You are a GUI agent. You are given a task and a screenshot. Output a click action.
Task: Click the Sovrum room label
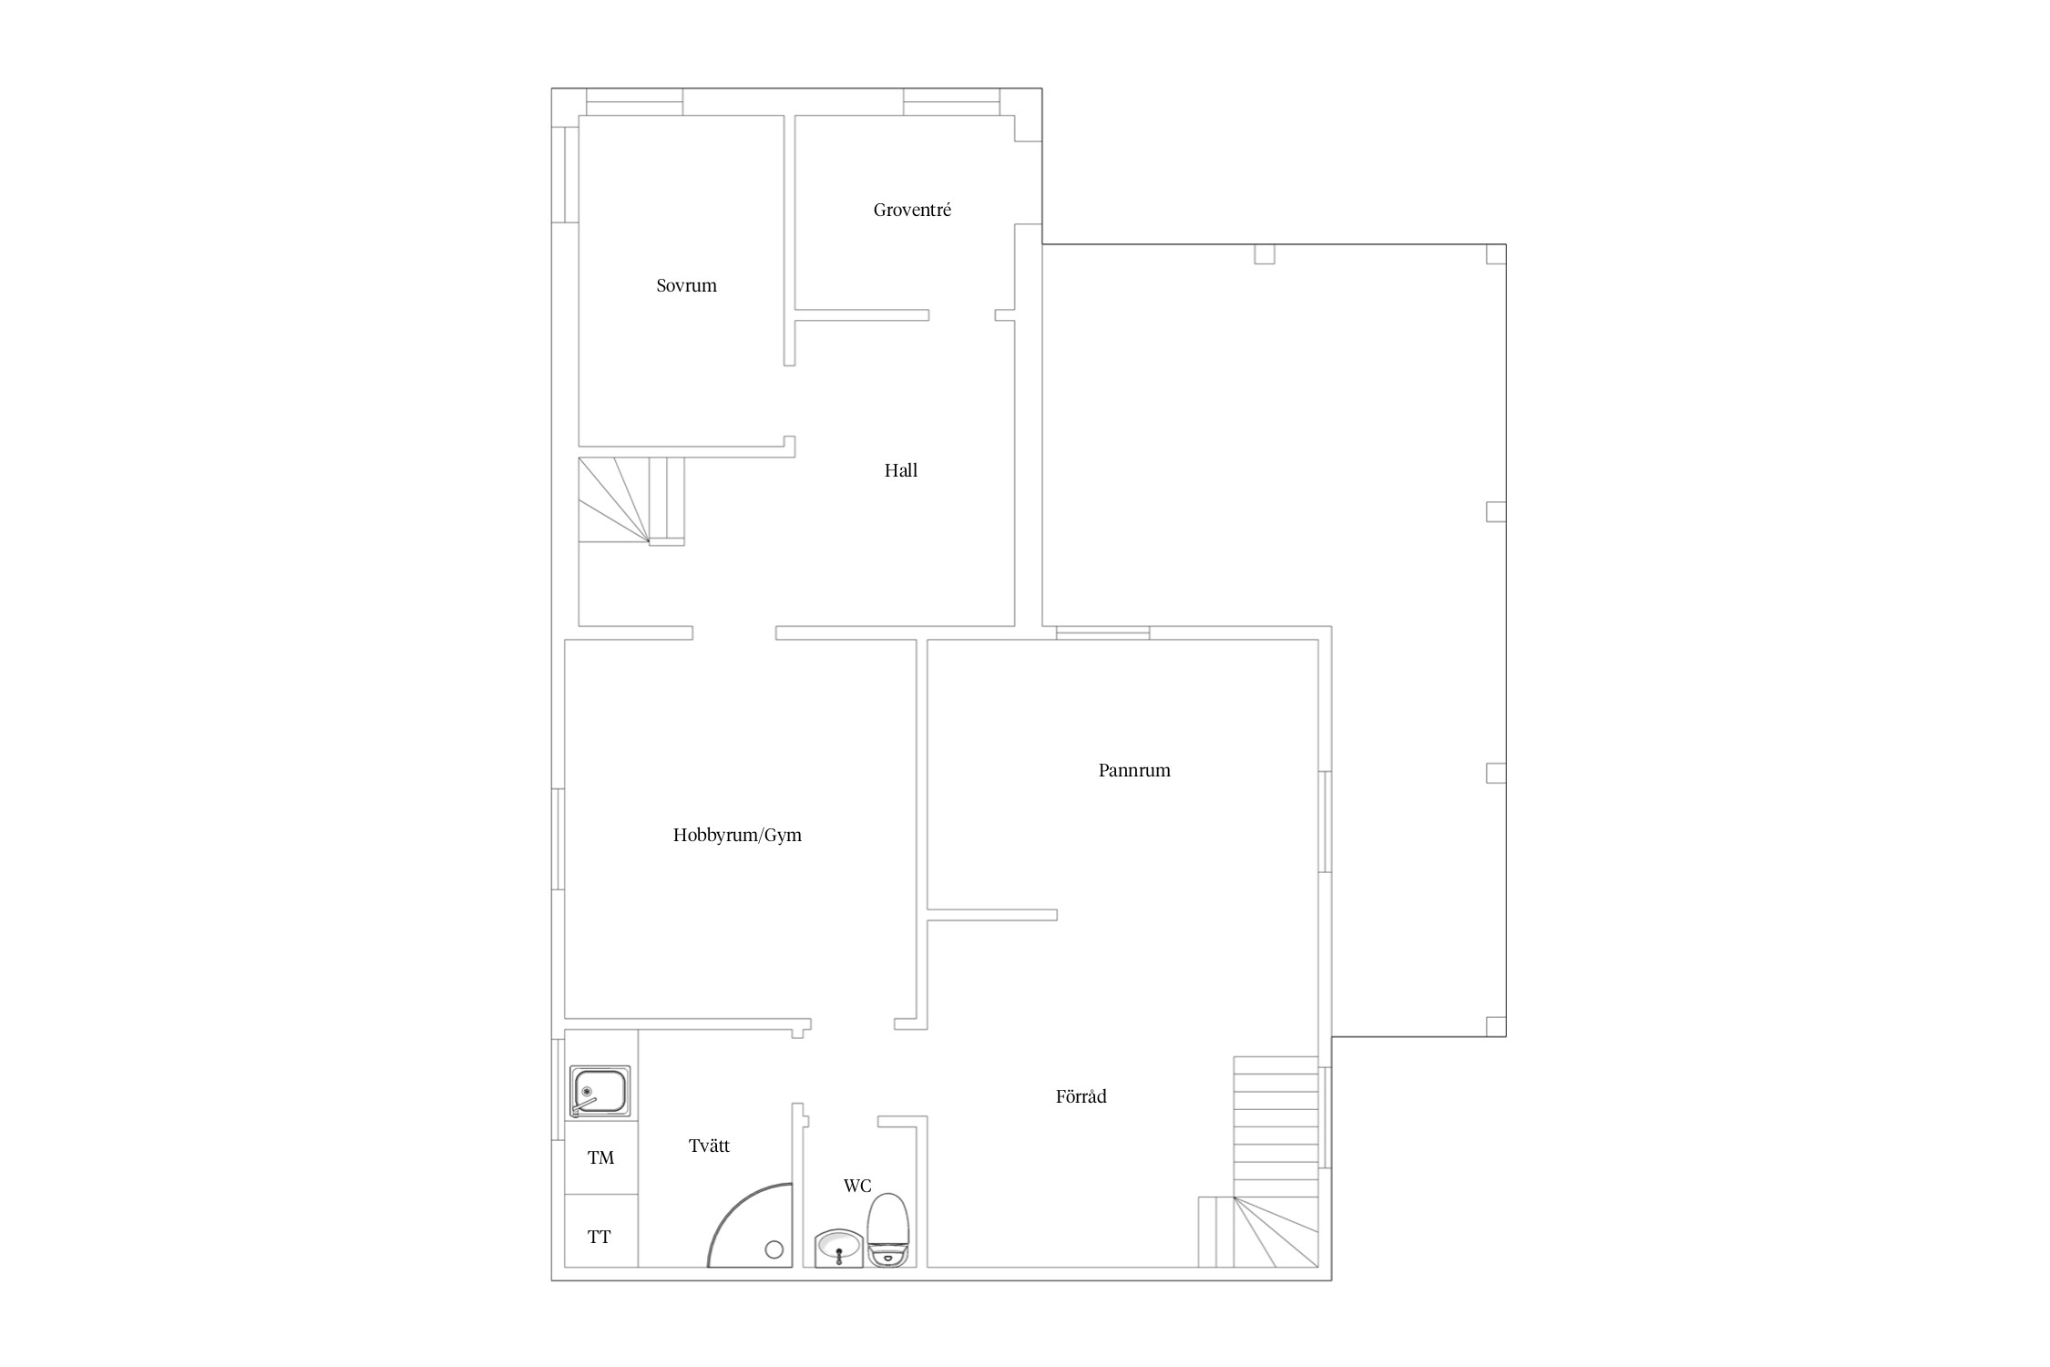tap(686, 285)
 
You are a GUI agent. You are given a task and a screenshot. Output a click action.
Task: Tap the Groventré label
tap(912, 210)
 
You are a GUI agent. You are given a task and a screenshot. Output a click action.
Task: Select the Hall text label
tap(900, 470)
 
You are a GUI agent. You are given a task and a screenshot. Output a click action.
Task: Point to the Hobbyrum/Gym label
tap(737, 835)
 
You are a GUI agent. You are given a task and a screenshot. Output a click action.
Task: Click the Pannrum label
tap(1134, 770)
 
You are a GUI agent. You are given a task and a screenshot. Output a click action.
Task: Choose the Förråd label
tap(1081, 1096)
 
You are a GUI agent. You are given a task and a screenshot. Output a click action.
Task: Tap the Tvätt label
tap(709, 1146)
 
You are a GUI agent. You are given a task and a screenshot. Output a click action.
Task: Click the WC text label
tap(857, 1186)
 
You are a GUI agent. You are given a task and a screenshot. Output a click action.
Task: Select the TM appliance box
tap(601, 1157)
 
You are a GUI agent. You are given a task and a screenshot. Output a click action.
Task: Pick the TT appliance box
tap(601, 1231)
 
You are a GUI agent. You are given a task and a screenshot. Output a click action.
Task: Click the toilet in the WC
tap(887, 1229)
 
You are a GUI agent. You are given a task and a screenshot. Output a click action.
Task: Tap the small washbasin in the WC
tap(838, 1248)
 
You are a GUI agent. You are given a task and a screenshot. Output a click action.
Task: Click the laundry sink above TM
tap(600, 1091)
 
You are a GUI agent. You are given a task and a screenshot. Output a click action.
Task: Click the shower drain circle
tap(774, 1249)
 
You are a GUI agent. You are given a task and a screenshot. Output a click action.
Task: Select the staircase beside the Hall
tap(631, 500)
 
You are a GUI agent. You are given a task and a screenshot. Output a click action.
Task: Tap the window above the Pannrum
tap(1102, 632)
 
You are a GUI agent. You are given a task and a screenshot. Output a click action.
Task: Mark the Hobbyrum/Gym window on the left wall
tap(559, 838)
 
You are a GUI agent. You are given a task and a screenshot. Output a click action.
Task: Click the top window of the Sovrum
tap(634, 102)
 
